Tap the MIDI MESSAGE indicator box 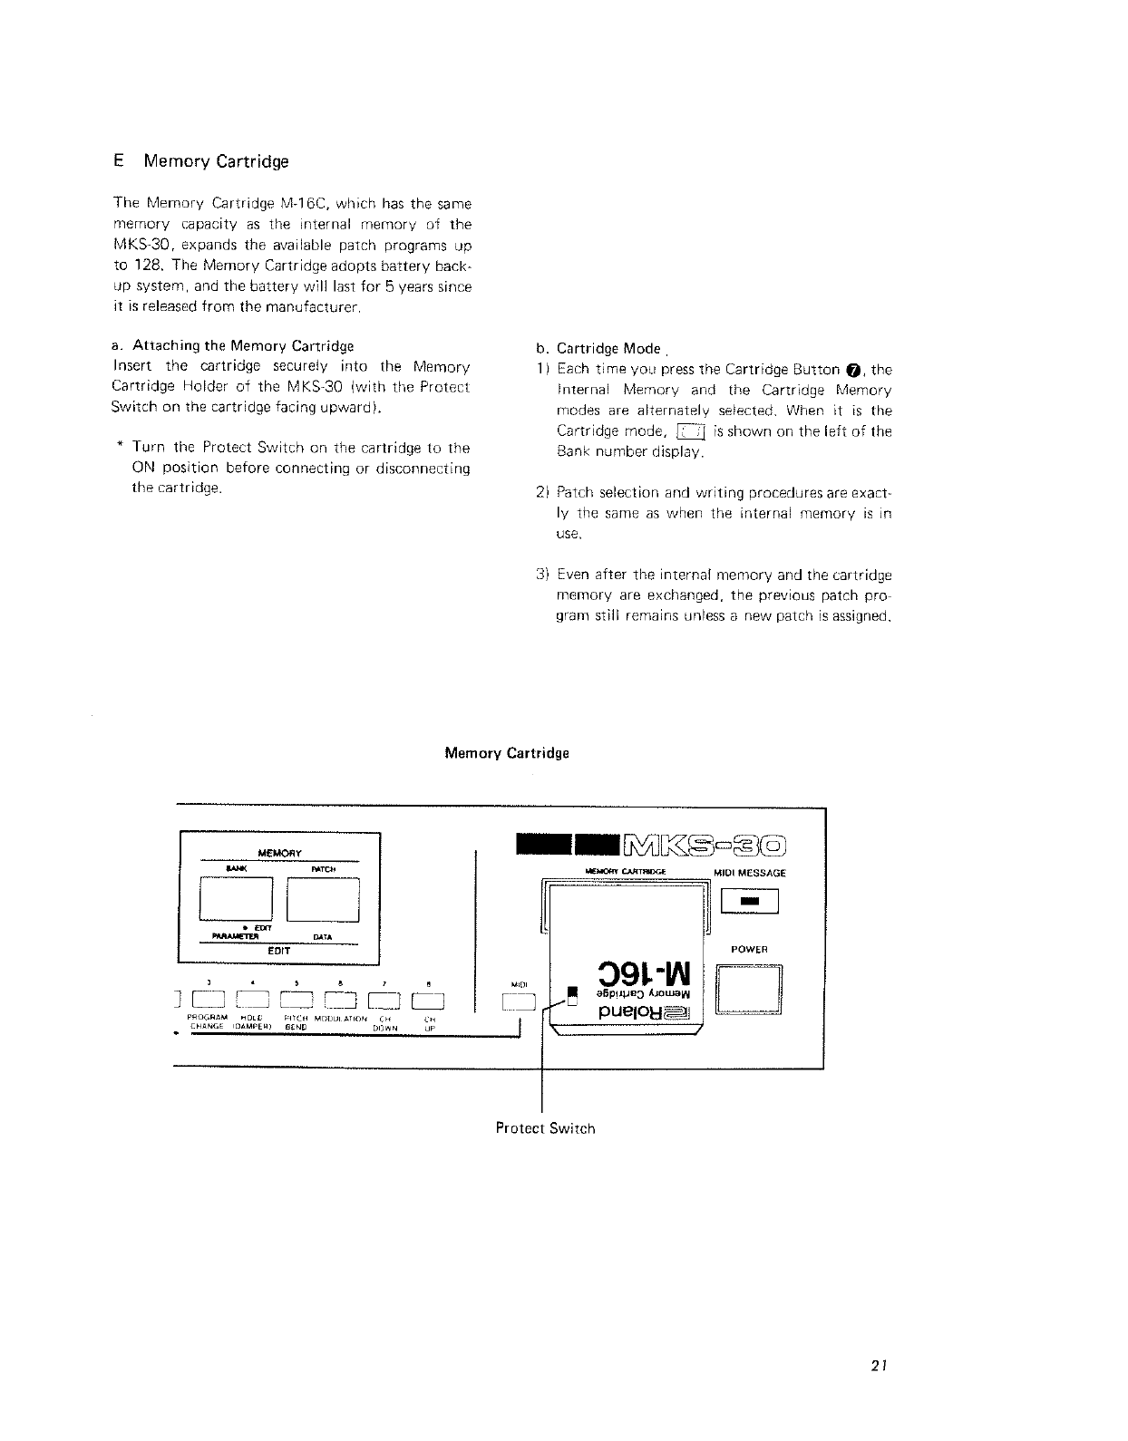[x=748, y=902]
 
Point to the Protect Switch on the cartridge [x=572, y=996]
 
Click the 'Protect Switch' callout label [x=545, y=1128]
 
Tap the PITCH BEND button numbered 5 [x=298, y=1001]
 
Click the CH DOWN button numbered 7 [x=384, y=1001]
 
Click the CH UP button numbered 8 [x=427, y=1001]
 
